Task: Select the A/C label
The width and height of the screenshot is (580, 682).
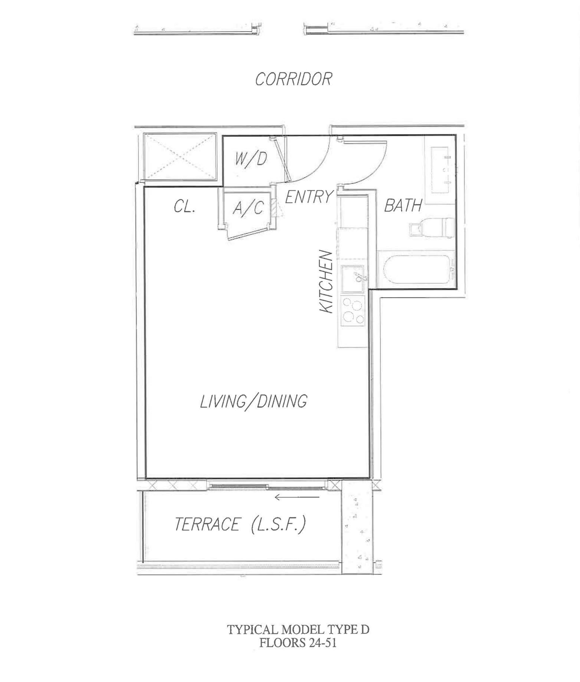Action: (x=248, y=207)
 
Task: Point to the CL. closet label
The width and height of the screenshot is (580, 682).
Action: (x=184, y=206)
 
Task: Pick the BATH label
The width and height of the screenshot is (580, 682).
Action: (x=403, y=206)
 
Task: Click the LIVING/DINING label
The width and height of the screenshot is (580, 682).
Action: (x=254, y=401)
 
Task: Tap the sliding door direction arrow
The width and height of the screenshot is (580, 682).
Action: (x=297, y=497)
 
